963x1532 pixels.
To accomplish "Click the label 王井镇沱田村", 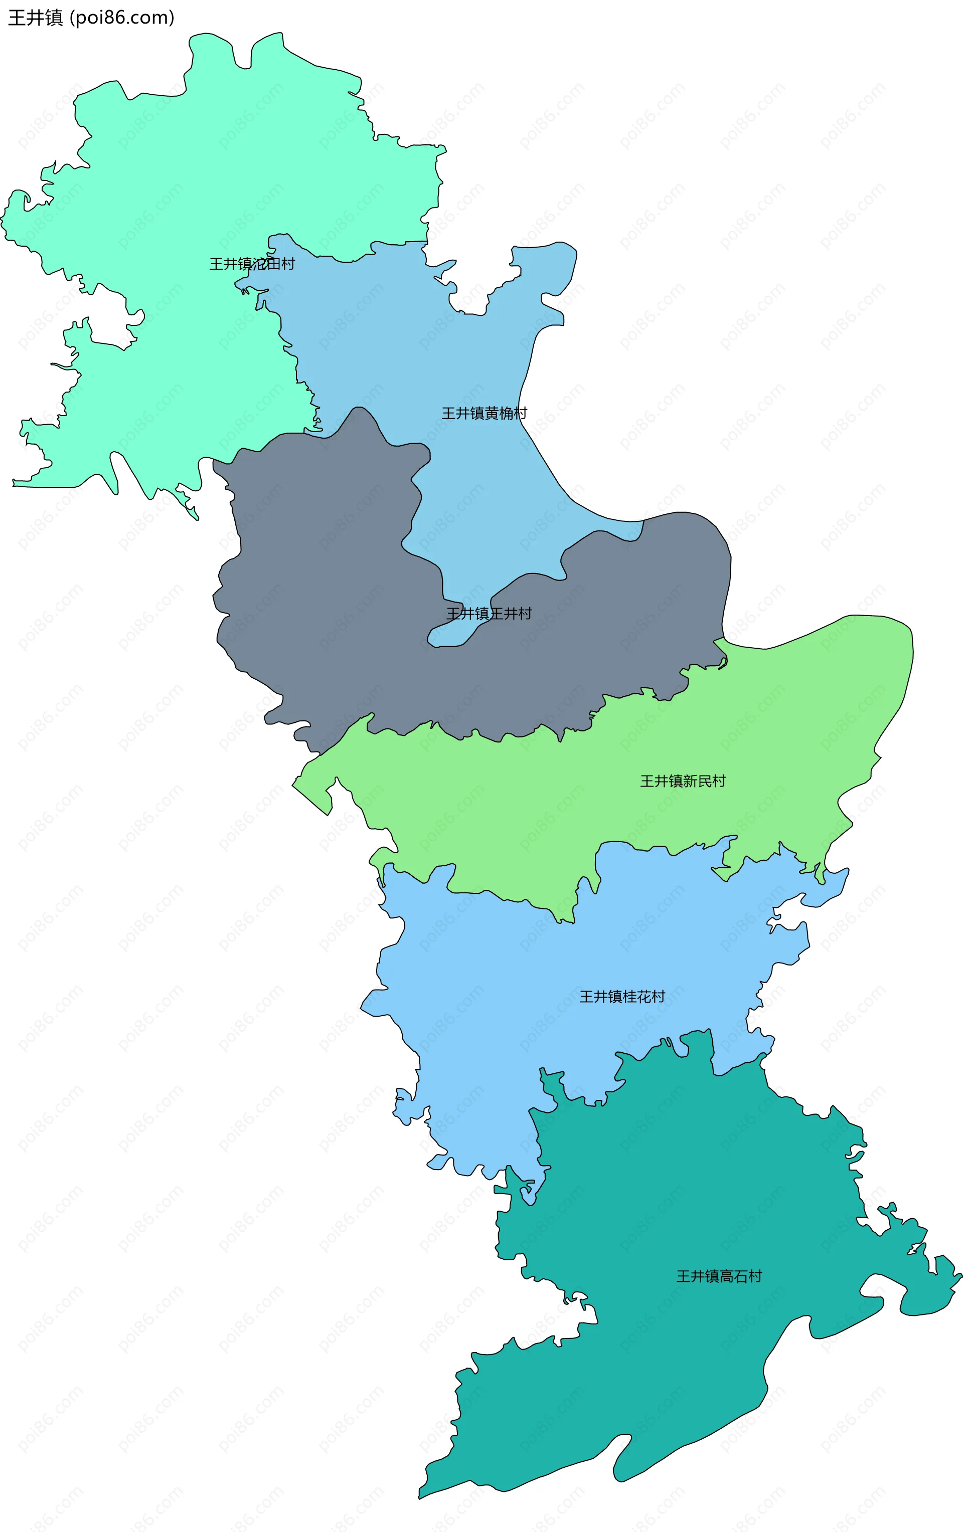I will (252, 264).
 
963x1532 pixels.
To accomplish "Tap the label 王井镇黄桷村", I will (485, 414).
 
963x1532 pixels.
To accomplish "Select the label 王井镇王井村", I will (489, 613).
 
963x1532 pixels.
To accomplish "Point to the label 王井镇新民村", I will (683, 781).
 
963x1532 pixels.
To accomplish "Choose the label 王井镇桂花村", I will (622, 996).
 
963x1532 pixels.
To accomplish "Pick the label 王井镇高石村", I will (719, 1276).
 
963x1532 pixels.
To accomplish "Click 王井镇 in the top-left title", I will (35, 18).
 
